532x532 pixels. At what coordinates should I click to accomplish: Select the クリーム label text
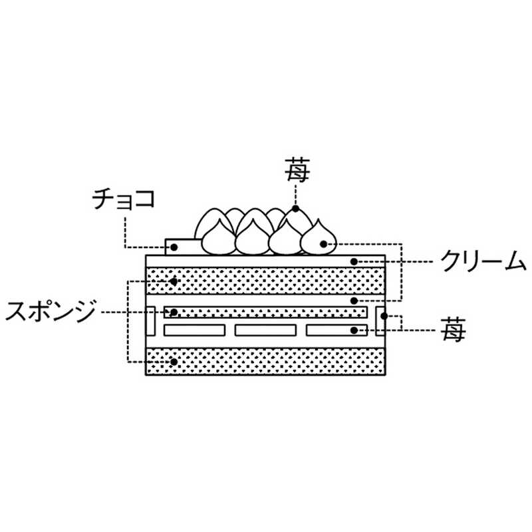coord(484,262)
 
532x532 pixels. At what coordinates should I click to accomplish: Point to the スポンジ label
coord(51,311)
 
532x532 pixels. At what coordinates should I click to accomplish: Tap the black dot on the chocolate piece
coord(174,247)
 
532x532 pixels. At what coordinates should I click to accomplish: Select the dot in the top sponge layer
coord(174,281)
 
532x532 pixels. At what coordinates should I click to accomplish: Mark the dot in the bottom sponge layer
coord(174,362)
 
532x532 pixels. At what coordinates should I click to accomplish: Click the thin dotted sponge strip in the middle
coord(266,312)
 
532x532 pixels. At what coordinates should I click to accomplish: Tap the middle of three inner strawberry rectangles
coord(265,330)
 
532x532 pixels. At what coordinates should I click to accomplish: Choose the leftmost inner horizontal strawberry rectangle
coord(194,330)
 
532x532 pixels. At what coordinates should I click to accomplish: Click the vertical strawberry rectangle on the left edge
coord(150,321)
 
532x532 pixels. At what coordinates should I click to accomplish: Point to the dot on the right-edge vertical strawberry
coord(384,315)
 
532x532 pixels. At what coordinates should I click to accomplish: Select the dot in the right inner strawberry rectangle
coord(355,330)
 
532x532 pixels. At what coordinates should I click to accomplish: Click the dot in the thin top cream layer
coord(355,261)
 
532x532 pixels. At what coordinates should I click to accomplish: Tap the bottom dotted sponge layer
coord(266,361)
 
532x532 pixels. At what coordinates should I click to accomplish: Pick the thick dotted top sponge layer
coord(266,281)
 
